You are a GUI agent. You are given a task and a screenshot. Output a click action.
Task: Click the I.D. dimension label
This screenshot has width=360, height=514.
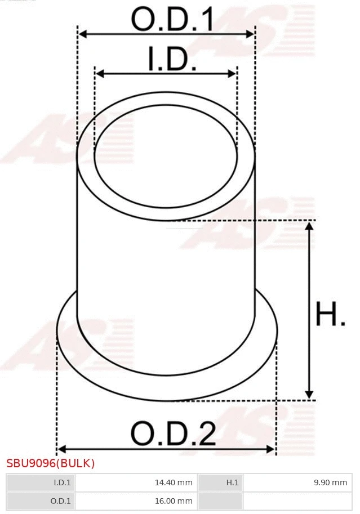point(172,60)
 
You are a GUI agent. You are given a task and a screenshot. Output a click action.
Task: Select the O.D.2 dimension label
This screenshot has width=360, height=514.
point(173,433)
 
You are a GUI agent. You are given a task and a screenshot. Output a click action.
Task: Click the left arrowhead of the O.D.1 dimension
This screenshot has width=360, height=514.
point(82,34)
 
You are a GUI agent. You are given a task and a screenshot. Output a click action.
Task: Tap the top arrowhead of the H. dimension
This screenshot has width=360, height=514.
point(309,226)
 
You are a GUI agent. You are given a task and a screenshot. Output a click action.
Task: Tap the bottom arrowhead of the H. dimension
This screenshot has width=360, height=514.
point(309,395)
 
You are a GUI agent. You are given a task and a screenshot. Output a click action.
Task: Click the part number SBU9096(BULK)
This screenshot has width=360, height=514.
point(51,463)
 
